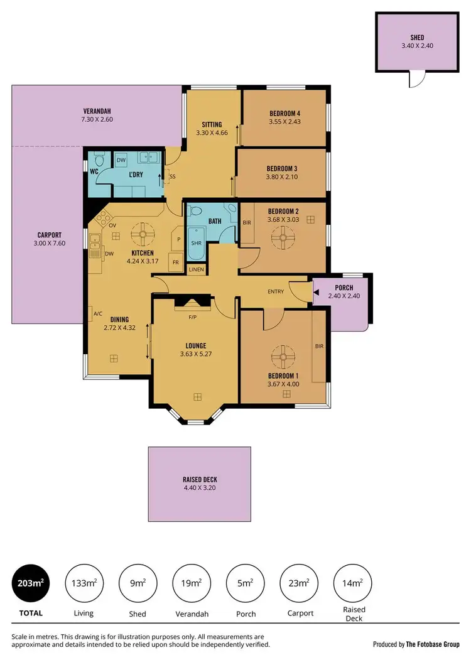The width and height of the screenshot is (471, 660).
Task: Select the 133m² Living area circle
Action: pyautogui.click(x=83, y=584)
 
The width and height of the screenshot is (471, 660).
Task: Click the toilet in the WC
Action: pyautogui.click(x=98, y=159)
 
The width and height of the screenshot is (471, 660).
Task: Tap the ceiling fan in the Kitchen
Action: pyautogui.click(x=143, y=235)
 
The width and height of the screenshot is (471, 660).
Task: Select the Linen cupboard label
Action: pyautogui.click(x=195, y=270)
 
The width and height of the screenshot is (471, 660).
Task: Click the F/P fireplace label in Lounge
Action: pyautogui.click(x=193, y=317)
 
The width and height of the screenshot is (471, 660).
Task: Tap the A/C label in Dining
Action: pyautogui.click(x=97, y=314)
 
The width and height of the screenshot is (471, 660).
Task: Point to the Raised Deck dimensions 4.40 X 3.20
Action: pyautogui.click(x=200, y=488)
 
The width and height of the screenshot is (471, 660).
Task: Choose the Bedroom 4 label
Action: pyautogui.click(x=284, y=114)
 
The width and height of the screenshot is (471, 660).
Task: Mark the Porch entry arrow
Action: pyautogui.click(x=317, y=292)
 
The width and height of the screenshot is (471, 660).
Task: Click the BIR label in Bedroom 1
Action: pyautogui.click(x=319, y=345)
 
